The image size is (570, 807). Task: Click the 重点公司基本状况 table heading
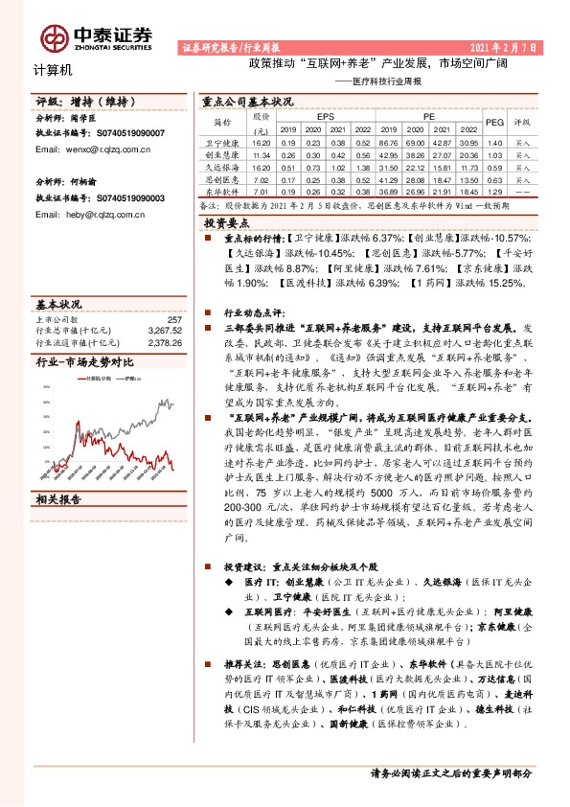tap(247, 101)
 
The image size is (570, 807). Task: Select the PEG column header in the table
tap(494, 123)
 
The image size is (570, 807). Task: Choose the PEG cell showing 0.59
tap(494, 166)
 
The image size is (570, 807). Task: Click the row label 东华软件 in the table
tap(221, 191)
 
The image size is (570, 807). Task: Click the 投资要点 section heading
tap(228, 221)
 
